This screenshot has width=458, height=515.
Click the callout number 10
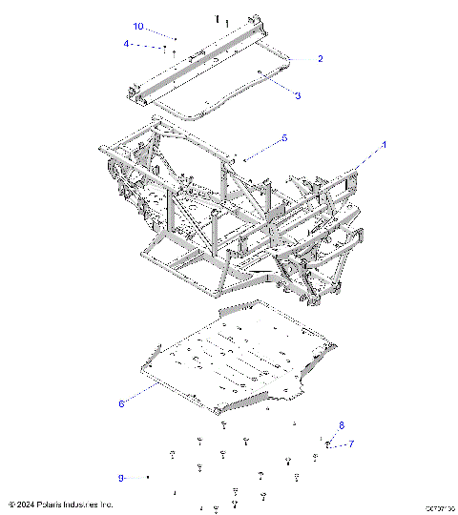(138, 26)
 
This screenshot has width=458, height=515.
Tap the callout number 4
(126, 43)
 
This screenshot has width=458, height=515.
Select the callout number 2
(320, 59)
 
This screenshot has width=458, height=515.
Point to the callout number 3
(298, 95)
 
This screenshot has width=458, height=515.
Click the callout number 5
(283, 139)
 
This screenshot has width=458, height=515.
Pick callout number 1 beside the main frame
(385, 145)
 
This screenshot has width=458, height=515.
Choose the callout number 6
(121, 404)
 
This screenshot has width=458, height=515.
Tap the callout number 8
(342, 424)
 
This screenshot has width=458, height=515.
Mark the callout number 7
(351, 443)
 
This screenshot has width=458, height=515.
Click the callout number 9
(121, 476)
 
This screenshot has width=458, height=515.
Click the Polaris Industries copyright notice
(61, 504)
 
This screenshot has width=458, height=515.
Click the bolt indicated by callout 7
(328, 444)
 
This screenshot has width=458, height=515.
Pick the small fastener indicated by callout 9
(149, 476)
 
